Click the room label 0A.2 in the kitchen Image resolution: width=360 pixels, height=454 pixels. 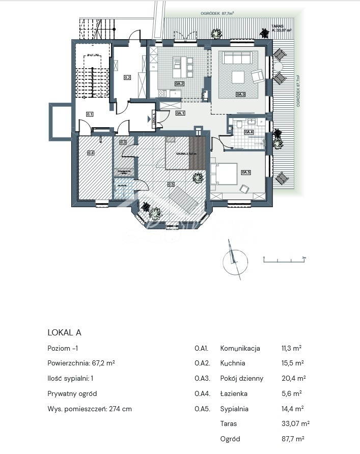(179, 83)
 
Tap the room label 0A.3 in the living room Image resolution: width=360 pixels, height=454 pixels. (240, 94)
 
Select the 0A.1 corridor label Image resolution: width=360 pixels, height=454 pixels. (180, 113)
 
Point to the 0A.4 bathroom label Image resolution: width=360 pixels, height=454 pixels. (248, 132)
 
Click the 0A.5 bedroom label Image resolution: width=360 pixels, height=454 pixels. (246, 172)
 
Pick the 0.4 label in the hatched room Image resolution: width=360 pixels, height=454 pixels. (91, 152)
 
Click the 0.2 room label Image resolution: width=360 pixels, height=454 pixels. (127, 78)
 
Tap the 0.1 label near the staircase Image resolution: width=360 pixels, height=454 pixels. (90, 115)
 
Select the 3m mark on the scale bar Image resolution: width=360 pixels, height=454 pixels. (303, 258)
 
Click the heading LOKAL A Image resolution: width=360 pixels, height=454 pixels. (64, 332)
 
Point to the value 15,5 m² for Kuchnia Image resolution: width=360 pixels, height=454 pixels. (292, 363)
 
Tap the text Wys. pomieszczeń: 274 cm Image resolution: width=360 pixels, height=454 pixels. (90, 409)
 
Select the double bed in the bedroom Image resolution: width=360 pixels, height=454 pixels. (224, 175)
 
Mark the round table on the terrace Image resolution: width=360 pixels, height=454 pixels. (278, 67)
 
